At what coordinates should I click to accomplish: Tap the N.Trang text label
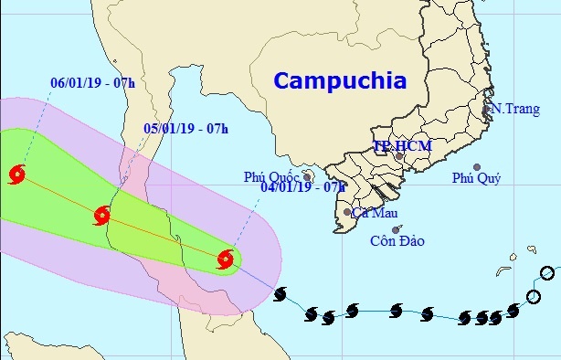point(513,109)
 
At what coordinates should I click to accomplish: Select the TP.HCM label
point(402,145)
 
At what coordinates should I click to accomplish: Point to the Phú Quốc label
point(272,176)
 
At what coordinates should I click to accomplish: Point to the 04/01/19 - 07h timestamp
point(302,186)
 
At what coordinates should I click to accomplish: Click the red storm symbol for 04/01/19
point(226,259)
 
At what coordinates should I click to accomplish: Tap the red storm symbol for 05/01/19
point(101,216)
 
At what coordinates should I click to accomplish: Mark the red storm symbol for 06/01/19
point(16,174)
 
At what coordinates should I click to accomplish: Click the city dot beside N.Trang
point(486,111)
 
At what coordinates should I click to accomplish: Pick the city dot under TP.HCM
point(398,156)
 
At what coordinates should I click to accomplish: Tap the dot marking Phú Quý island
point(476,166)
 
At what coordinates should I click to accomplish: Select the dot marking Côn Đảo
point(395,230)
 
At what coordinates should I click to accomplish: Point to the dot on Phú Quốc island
point(308,176)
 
